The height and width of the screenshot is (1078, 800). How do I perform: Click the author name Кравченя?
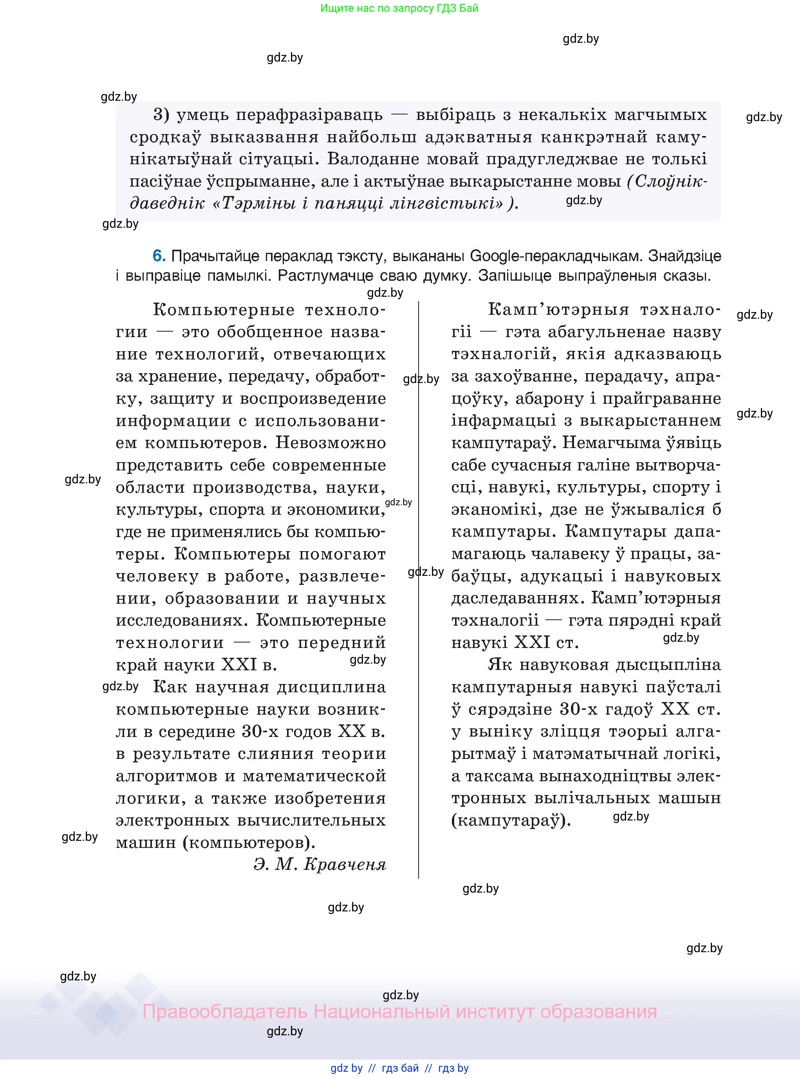(345, 864)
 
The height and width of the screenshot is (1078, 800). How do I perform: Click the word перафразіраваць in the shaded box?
(279, 115)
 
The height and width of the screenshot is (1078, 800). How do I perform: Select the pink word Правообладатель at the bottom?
(225, 1012)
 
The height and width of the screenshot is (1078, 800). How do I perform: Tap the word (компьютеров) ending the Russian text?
(249, 843)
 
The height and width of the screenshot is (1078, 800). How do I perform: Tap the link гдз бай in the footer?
(400, 1068)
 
